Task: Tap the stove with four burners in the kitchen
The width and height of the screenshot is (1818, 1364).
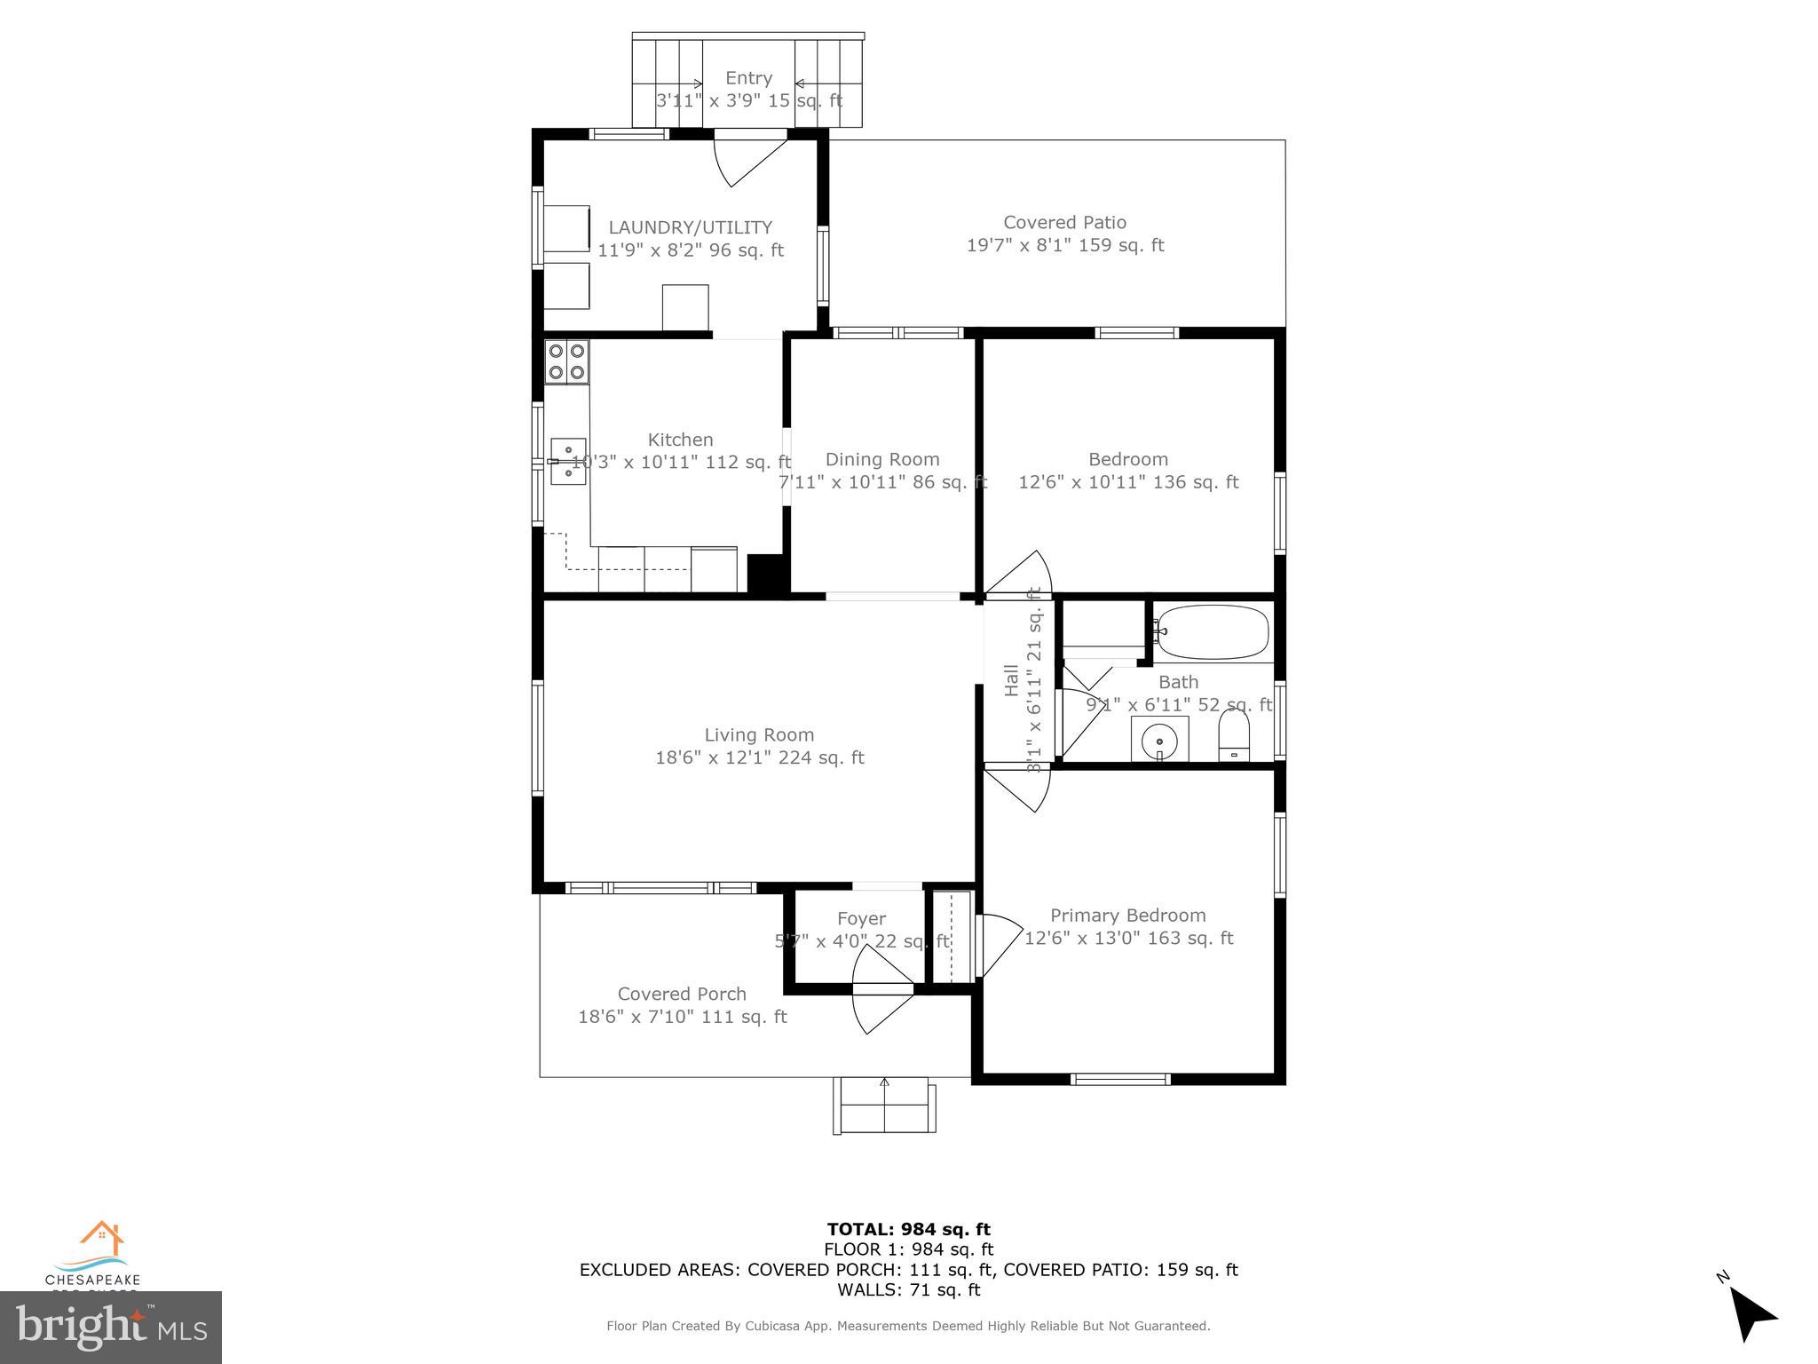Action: [566, 361]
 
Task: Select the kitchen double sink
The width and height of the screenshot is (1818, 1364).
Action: [568, 461]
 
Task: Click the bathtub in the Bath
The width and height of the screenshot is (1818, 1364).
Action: [1213, 632]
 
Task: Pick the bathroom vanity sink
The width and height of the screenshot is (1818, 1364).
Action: [1159, 740]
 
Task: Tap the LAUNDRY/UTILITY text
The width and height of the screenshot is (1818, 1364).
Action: [690, 227]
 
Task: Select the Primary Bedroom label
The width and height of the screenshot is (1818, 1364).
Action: [1127, 916]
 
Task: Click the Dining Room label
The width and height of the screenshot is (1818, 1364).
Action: [881, 459]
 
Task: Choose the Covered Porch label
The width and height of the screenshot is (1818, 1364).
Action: [682, 994]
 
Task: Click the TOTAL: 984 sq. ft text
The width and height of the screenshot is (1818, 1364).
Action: [908, 1229]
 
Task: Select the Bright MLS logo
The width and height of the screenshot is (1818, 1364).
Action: [111, 1327]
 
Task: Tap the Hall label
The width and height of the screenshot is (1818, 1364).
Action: [1011, 680]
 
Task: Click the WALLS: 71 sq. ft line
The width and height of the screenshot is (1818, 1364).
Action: [908, 1289]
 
